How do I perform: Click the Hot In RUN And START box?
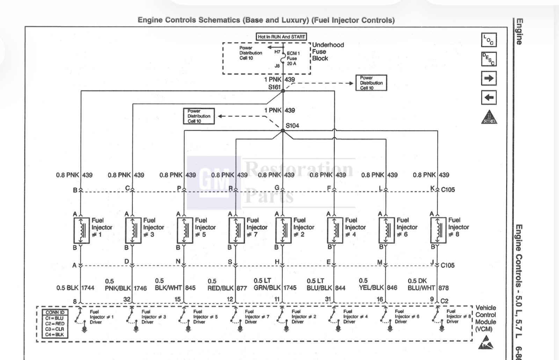click(x=281, y=37)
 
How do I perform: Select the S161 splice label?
click(x=274, y=87)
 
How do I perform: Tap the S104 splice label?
click(x=292, y=125)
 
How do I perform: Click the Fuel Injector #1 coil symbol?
click(x=81, y=230)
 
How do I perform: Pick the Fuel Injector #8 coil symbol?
click(x=438, y=230)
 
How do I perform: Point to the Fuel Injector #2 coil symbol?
click(x=283, y=230)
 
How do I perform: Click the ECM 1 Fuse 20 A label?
click(x=293, y=58)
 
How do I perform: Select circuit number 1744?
click(x=88, y=288)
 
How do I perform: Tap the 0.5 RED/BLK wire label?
click(x=220, y=285)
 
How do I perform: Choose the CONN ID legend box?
click(x=55, y=324)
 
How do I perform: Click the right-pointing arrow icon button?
click(x=489, y=78)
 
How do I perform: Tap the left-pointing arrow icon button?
click(x=489, y=98)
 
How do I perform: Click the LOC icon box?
click(x=489, y=40)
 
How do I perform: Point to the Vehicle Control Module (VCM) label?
click(x=485, y=318)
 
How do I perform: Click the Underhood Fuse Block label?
click(x=328, y=52)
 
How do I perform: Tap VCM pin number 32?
click(x=127, y=299)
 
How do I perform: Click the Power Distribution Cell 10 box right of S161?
click(x=371, y=83)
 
